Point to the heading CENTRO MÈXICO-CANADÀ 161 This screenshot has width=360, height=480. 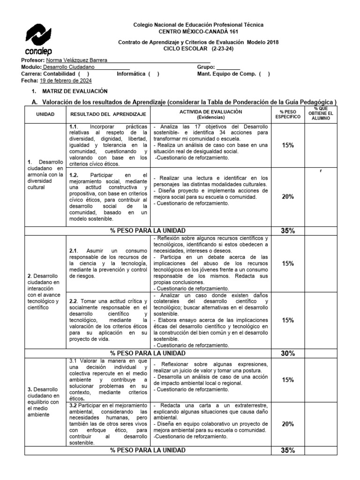tap(198, 31)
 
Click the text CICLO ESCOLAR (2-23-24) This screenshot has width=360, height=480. tap(198, 48)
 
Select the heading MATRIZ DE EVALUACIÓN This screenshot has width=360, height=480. tap(75, 91)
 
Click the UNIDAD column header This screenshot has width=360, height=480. tap(45, 114)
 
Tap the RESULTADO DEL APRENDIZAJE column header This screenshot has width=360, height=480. tap(108, 114)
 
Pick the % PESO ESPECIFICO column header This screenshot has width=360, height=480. tap(288, 114)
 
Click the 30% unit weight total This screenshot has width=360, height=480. tap(288, 353)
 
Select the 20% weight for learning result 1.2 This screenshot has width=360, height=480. tap(288, 197)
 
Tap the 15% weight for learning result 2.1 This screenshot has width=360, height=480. tap(288, 263)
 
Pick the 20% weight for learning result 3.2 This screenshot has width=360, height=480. tap(288, 424)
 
